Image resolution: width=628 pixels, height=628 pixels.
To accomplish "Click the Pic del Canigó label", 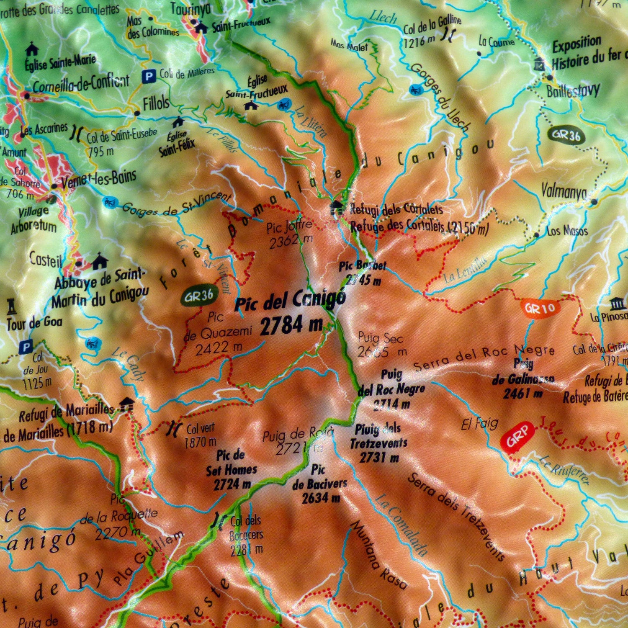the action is pos(290,301).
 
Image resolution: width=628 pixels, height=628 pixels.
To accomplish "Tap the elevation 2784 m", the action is pos(291,325).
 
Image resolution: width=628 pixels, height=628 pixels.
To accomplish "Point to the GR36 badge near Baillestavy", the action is pos(566,135).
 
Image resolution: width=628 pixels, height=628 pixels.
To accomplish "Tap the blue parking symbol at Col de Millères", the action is pos(148,76).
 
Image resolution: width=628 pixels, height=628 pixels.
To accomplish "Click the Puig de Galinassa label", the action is pos(523,379).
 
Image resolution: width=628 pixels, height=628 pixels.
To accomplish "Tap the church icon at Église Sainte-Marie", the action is pos(32,49).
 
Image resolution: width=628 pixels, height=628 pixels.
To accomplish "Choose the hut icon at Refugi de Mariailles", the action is pos(126,404).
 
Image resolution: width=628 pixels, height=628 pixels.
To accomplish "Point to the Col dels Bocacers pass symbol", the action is pos(219,520).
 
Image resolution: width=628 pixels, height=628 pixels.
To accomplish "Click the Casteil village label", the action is pos(46,260).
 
